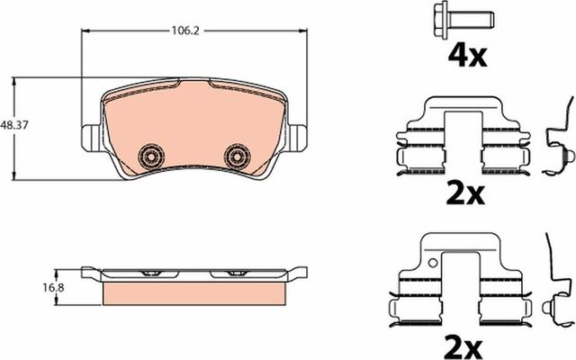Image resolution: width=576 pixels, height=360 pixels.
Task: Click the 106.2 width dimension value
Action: point(184,30)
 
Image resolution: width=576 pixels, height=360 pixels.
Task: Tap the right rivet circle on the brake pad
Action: point(238,156)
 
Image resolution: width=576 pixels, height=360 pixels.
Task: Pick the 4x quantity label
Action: point(467,57)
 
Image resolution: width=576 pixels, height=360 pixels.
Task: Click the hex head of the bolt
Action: point(444,16)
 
